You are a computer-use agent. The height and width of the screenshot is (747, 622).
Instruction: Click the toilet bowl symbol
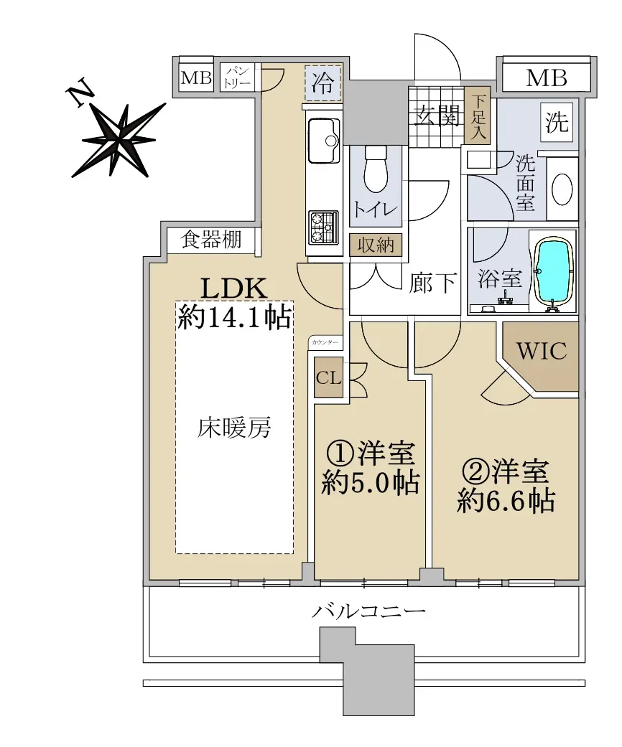[376, 169]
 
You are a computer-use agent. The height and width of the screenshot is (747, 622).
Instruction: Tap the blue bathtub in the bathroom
[553, 272]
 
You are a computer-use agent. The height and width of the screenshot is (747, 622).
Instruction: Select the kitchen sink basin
[324, 141]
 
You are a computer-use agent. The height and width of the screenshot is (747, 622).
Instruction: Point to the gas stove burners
[324, 227]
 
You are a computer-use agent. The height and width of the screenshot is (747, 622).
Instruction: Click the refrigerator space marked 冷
[323, 83]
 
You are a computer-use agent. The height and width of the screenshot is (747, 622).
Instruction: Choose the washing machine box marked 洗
[557, 123]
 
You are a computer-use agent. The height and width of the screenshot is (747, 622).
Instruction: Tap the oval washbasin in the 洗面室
[562, 189]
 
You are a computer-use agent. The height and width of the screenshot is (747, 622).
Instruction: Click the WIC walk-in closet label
[542, 351]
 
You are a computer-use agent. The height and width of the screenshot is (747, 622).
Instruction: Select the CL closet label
[329, 377]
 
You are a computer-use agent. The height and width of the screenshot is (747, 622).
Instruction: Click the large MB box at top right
[546, 77]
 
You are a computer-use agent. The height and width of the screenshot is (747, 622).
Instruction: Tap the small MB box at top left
[197, 77]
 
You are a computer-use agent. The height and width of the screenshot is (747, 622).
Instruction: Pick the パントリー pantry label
[237, 77]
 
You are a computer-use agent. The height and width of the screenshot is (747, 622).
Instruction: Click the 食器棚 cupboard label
[211, 239]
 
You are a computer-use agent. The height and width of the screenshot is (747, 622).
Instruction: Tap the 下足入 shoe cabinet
[478, 116]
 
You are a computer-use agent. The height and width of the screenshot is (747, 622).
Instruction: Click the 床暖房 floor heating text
[234, 428]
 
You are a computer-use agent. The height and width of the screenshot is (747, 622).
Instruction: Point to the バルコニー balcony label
[368, 611]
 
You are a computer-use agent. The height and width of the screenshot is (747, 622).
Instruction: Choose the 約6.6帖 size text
[506, 500]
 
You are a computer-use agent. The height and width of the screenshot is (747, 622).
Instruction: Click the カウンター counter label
[325, 342]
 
